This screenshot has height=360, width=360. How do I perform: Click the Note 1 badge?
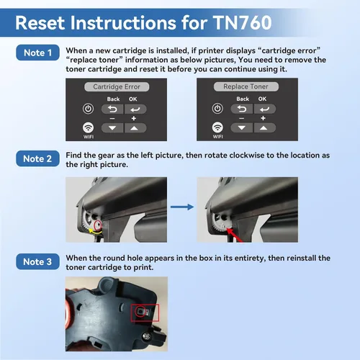point(37,53)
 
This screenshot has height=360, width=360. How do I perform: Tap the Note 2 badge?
point(37,158)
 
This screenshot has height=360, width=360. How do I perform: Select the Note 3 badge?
point(37,261)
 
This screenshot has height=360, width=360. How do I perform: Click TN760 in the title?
point(242,23)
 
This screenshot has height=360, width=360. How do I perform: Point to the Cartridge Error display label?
point(117,86)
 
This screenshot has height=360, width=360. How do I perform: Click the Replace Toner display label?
point(246,86)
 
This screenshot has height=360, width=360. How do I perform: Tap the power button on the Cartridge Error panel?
point(88,109)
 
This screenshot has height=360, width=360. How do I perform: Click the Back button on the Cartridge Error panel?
point(112,109)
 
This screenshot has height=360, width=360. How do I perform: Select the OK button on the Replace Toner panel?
point(265,109)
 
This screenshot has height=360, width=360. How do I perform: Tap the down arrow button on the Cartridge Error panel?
point(112,128)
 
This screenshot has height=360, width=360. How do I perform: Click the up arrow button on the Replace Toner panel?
point(265,127)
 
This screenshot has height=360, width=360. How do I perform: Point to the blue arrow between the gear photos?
point(182,207)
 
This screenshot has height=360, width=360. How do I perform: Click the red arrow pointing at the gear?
point(235,235)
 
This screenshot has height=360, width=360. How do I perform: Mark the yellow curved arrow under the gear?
point(95,231)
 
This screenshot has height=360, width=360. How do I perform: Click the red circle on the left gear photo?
point(98,225)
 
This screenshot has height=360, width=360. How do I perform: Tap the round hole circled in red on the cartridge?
point(140,311)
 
